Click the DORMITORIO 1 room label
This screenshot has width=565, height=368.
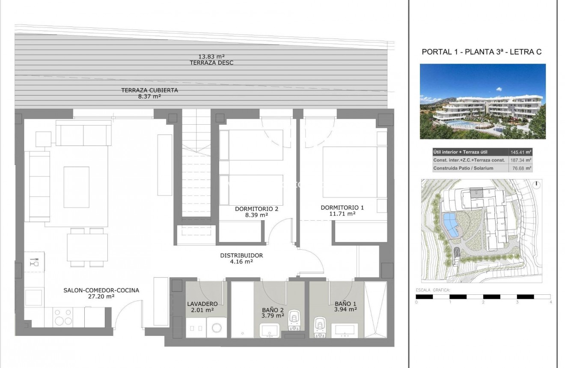(x=348, y=207)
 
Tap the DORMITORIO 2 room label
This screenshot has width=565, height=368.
(x=257, y=209)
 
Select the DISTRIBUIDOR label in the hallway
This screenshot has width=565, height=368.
(x=241, y=255)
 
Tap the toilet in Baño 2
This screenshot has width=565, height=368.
(x=294, y=319)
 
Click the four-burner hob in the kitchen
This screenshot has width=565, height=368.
(x=63, y=317)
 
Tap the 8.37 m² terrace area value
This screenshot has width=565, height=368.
(x=149, y=96)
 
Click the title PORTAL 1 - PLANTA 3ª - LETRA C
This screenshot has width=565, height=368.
(x=482, y=52)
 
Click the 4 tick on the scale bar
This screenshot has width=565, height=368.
(x=550, y=302)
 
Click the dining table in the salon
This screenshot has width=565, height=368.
(x=87, y=247)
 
